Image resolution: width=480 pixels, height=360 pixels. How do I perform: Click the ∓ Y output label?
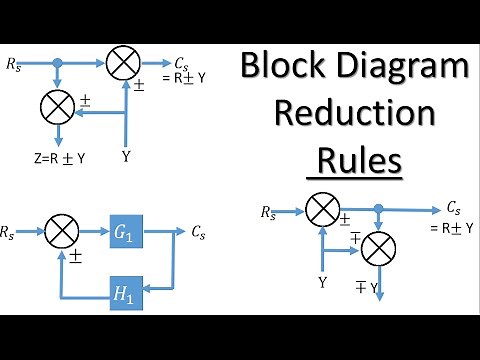tap(366, 289)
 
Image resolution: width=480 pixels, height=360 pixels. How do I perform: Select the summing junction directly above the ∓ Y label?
tap(378, 246)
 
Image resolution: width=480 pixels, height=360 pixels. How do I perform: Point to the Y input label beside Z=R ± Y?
tap(126, 157)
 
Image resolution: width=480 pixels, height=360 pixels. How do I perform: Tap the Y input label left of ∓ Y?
tap(322, 283)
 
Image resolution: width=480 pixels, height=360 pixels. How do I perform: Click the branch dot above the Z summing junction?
tap(58, 63)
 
